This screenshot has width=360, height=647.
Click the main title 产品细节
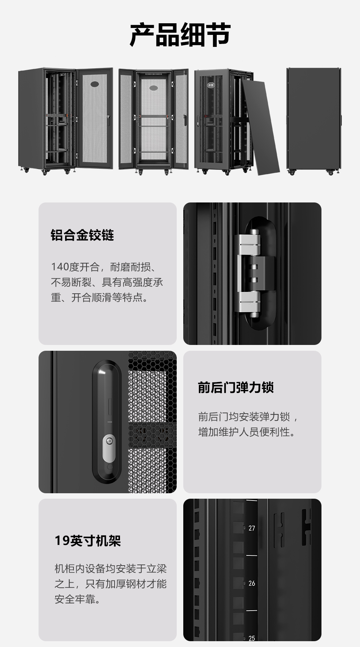point(180,35)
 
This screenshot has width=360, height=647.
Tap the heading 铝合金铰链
point(82,235)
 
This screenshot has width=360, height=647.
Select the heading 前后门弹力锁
point(236,387)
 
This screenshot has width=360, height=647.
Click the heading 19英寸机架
point(88,540)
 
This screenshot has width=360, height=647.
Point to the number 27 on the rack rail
point(252,528)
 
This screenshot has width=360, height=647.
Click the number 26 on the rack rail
point(252,583)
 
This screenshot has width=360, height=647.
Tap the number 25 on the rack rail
point(252,638)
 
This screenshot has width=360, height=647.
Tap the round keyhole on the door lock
point(109,441)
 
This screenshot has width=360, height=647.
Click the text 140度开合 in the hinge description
point(75,267)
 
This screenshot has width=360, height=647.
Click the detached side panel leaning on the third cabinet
point(261,128)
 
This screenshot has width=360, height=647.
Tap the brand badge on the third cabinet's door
point(211,85)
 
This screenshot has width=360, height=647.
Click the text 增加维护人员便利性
point(247,432)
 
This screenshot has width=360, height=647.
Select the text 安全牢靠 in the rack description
point(77,599)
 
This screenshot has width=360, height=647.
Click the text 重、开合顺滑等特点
point(99,298)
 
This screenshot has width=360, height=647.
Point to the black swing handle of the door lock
point(107,422)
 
